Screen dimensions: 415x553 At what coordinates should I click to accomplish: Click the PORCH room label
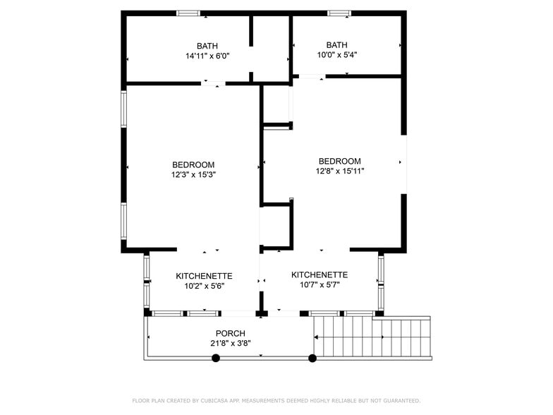[x=230, y=333]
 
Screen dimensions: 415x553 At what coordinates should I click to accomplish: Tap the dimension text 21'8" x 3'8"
[x=230, y=343]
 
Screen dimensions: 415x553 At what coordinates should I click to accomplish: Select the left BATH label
[x=207, y=46]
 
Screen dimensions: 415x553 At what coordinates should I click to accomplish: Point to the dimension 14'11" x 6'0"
[x=207, y=56]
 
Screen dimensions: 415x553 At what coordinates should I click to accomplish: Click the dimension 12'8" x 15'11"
[x=339, y=171]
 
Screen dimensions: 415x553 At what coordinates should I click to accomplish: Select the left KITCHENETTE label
[x=204, y=276]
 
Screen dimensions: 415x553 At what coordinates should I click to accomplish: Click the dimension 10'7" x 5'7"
[x=320, y=285]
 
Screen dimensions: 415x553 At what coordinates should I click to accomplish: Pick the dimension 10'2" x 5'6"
[x=204, y=286]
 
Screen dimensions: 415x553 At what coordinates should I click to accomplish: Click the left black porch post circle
[x=216, y=359]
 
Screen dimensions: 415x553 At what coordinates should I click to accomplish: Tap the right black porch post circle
[x=312, y=359]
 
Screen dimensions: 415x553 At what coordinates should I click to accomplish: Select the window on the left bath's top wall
[x=188, y=13]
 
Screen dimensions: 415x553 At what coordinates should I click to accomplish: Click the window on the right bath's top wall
[x=339, y=13]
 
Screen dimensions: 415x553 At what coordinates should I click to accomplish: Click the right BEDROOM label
[x=339, y=161]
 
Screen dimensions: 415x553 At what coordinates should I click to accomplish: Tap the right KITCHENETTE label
[x=320, y=275]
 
